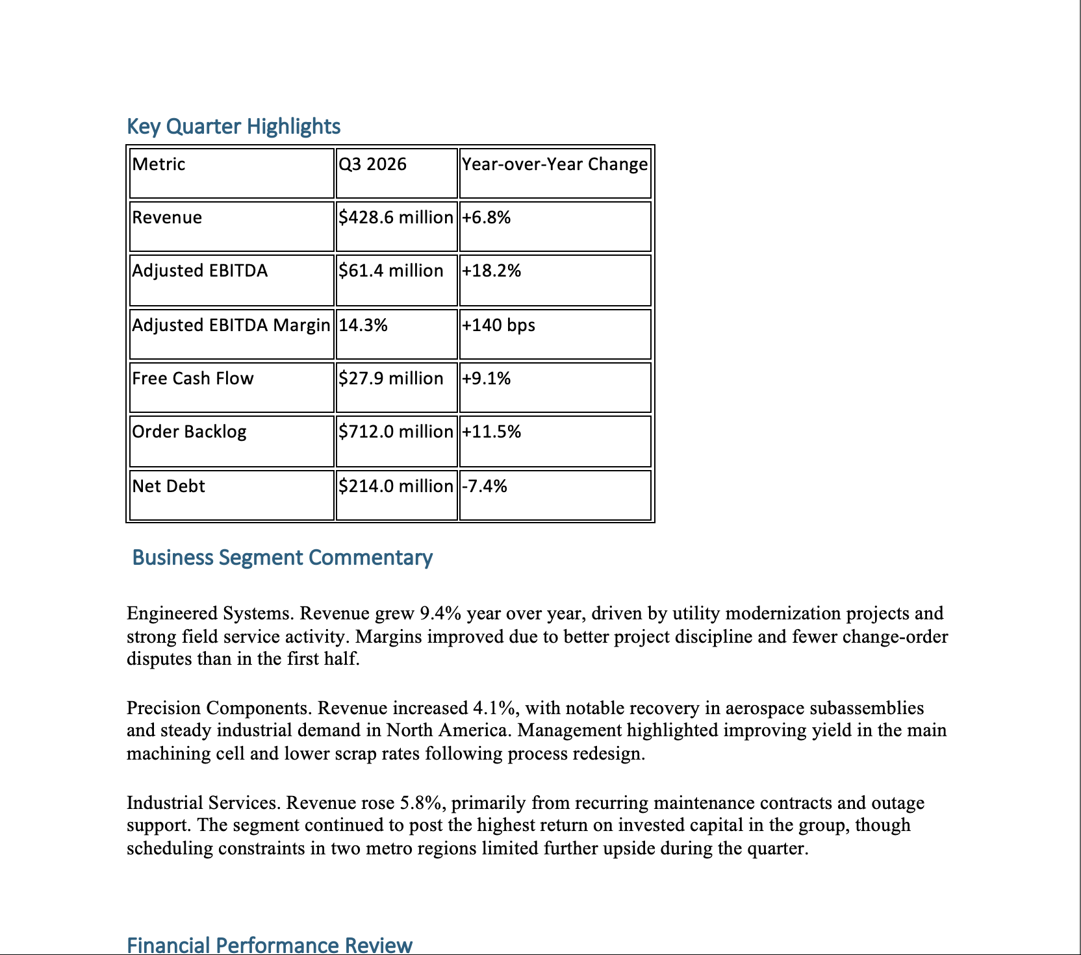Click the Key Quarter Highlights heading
233,126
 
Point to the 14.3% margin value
363,325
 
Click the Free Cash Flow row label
193,378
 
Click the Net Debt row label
169,486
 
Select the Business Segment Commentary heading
282,558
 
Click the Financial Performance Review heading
269,945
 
